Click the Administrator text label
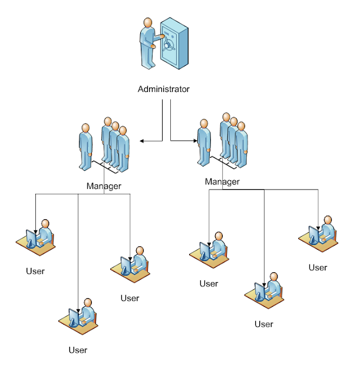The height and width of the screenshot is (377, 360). coord(163,90)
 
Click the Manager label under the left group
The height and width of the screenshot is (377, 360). coord(104,186)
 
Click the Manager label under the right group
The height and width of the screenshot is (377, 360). coord(222,182)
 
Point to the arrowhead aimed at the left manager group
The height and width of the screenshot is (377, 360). coord(142,141)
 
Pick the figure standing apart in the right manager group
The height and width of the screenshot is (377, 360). coord(204,142)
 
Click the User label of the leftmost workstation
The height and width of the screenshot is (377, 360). coord(35,272)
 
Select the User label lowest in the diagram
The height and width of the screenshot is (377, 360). coord(78,350)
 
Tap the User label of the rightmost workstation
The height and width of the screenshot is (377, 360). coord(318,267)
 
